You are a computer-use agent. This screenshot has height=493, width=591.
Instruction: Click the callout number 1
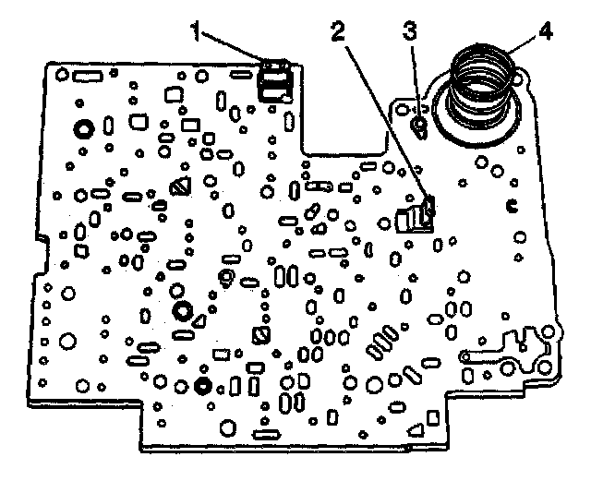coord(196,30)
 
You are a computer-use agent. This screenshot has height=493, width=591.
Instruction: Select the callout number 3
coord(410,30)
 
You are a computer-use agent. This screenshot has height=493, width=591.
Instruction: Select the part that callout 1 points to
coord(273,81)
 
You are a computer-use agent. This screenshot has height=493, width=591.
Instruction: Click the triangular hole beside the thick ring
coord(199,322)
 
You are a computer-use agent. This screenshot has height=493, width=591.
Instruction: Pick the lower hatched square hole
coord(261,334)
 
